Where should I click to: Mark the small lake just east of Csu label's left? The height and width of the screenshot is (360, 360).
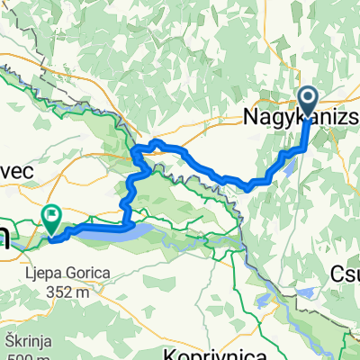tap(306, 292)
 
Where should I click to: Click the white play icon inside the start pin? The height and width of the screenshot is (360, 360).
tap(308, 99)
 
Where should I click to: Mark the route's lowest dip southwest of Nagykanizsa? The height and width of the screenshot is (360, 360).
tap(248, 188)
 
